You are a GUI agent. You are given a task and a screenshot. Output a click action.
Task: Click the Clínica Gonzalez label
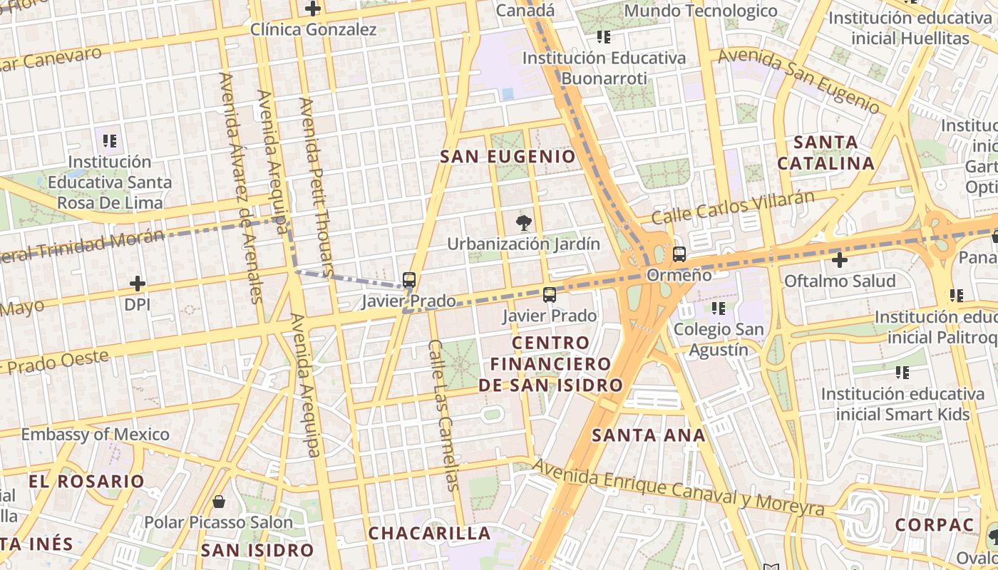pos(313,30)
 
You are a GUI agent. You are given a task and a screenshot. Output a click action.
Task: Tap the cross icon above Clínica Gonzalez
pos(312,9)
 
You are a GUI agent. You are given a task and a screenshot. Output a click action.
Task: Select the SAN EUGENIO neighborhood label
pos(508,157)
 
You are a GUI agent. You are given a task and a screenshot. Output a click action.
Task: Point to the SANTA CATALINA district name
pos(825,152)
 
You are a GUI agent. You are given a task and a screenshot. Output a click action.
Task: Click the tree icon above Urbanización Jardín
pos(524,222)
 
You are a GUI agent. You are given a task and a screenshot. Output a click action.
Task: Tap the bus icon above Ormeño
pos(679,254)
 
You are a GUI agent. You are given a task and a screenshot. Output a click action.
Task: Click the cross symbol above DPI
pos(138,284)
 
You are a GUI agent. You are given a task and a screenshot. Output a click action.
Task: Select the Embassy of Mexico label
pos(95,434)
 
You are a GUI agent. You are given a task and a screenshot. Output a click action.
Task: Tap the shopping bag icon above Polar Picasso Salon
pos(219,502)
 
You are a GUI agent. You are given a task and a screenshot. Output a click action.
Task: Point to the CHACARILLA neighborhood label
pos(429,533)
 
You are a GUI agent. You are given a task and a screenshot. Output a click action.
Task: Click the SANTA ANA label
pos(649,435)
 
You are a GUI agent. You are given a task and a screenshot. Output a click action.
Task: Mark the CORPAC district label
pos(934,525)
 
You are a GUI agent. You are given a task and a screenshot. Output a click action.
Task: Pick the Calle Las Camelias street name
pos(443,415)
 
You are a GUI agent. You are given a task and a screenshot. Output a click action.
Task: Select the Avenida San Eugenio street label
pos(798,81)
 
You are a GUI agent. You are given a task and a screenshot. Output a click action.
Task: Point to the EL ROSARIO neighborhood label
pos(87,481)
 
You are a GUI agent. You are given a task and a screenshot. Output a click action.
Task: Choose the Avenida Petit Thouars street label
pos(316,187)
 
